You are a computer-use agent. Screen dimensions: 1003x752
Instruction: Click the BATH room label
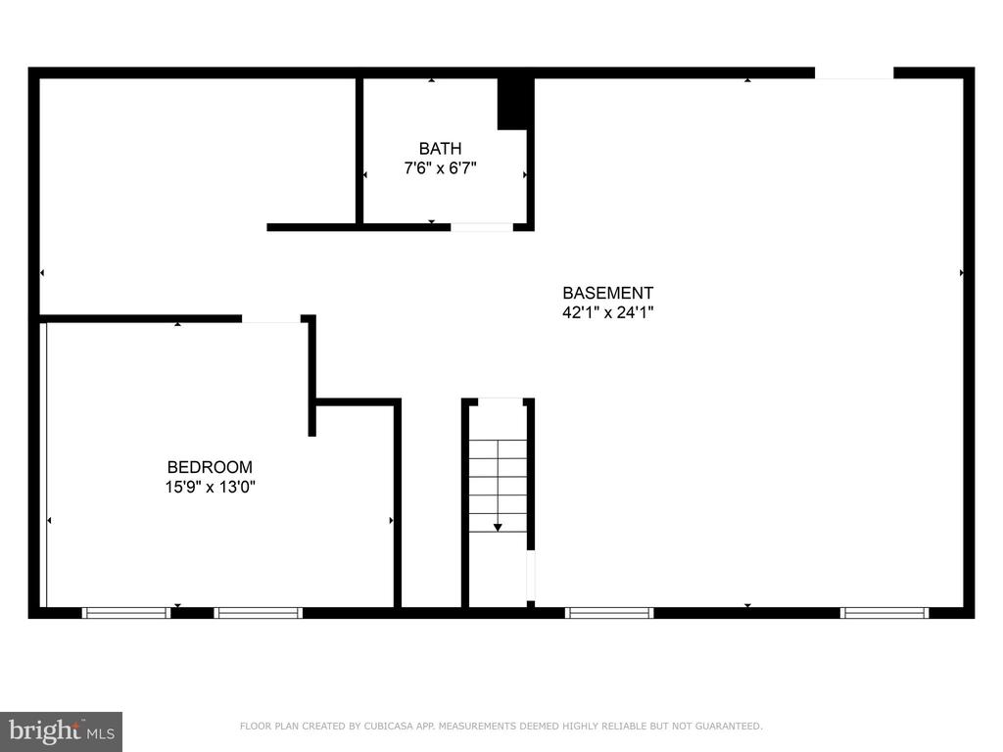click(x=440, y=149)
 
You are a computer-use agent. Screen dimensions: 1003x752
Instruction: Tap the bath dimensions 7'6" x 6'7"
click(x=440, y=168)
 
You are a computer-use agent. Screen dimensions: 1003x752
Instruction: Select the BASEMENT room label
click(x=607, y=293)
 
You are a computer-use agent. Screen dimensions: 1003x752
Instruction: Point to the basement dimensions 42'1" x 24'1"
click(x=607, y=312)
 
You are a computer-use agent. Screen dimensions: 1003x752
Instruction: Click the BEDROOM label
click(x=210, y=467)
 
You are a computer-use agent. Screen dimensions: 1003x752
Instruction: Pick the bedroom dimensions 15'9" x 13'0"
click(x=210, y=487)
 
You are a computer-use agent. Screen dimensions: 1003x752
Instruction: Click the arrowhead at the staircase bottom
click(x=498, y=528)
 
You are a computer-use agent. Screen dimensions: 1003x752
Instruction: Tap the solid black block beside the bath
click(x=515, y=104)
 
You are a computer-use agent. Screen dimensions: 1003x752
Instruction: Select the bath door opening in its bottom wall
click(x=482, y=227)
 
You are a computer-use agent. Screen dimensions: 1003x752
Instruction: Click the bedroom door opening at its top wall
click(x=271, y=318)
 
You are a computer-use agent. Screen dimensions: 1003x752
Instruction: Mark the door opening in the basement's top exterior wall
click(x=854, y=72)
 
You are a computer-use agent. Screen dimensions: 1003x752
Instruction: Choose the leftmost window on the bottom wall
click(x=126, y=613)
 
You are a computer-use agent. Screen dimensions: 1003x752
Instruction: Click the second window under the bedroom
click(x=259, y=613)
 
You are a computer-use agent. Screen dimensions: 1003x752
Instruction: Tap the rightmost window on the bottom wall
click(x=884, y=613)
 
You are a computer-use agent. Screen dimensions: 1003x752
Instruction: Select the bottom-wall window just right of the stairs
click(x=609, y=613)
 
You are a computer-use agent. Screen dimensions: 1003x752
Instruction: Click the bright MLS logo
click(x=62, y=730)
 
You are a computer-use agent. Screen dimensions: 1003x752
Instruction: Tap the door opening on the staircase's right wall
click(x=530, y=576)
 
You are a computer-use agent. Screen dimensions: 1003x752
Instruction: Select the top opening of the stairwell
click(x=501, y=400)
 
